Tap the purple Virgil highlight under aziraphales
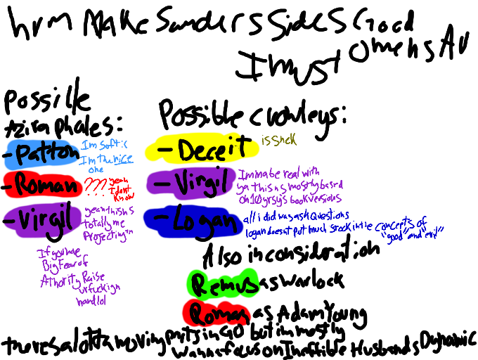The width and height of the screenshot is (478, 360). (x=39, y=219)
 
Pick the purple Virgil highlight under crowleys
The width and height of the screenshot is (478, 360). (x=190, y=184)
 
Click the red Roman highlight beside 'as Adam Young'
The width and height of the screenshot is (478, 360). (x=215, y=311)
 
